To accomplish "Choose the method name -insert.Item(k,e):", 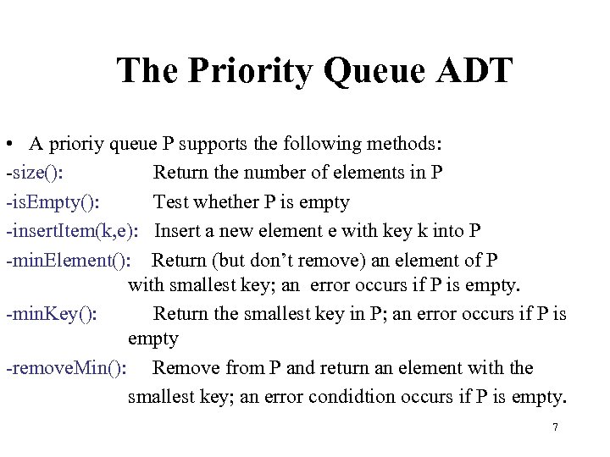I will point(73,230).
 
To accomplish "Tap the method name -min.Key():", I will point(51,314).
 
